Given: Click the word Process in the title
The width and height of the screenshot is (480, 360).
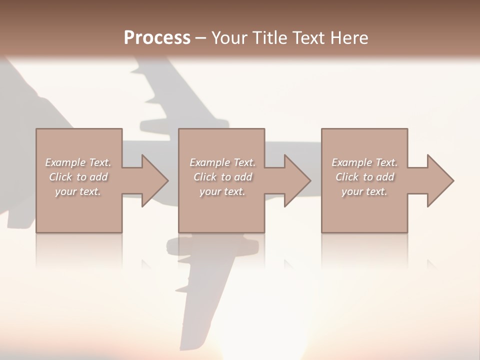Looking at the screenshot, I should [157, 38].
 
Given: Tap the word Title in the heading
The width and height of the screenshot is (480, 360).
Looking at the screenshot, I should [270, 38].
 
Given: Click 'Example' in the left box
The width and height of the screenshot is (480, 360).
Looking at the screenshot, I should [65, 162].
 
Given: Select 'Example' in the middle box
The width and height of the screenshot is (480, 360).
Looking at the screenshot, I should [209, 162].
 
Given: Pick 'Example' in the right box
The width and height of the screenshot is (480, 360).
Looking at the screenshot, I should [351, 162].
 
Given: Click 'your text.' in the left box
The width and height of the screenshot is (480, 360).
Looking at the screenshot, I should [78, 191].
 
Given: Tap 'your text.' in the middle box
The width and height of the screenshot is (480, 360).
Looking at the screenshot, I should [222, 191].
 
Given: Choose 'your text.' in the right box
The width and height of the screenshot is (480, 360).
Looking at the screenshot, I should [364, 191].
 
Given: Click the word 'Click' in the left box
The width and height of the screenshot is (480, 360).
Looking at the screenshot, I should [60, 177].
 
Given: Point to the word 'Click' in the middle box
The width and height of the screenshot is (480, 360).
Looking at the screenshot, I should [205, 177].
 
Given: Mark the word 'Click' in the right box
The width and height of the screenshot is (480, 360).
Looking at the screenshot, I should [347, 177].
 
